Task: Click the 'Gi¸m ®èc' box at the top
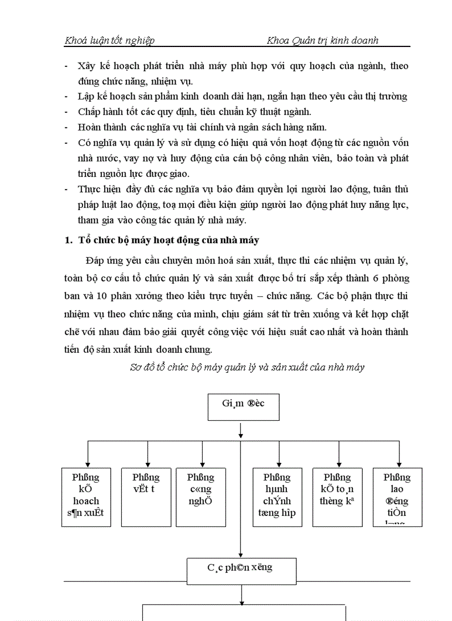click(x=243, y=408)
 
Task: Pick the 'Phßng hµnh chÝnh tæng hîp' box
click(x=277, y=497)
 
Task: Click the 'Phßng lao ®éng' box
click(x=398, y=497)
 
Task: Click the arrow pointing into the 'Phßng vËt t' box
click(x=147, y=463)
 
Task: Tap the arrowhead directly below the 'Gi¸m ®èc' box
click(x=241, y=432)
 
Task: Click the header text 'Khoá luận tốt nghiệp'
click(x=110, y=40)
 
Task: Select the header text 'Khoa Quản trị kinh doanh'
click(x=322, y=40)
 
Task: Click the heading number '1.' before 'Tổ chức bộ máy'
click(x=69, y=241)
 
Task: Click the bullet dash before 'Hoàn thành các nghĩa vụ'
click(x=67, y=128)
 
